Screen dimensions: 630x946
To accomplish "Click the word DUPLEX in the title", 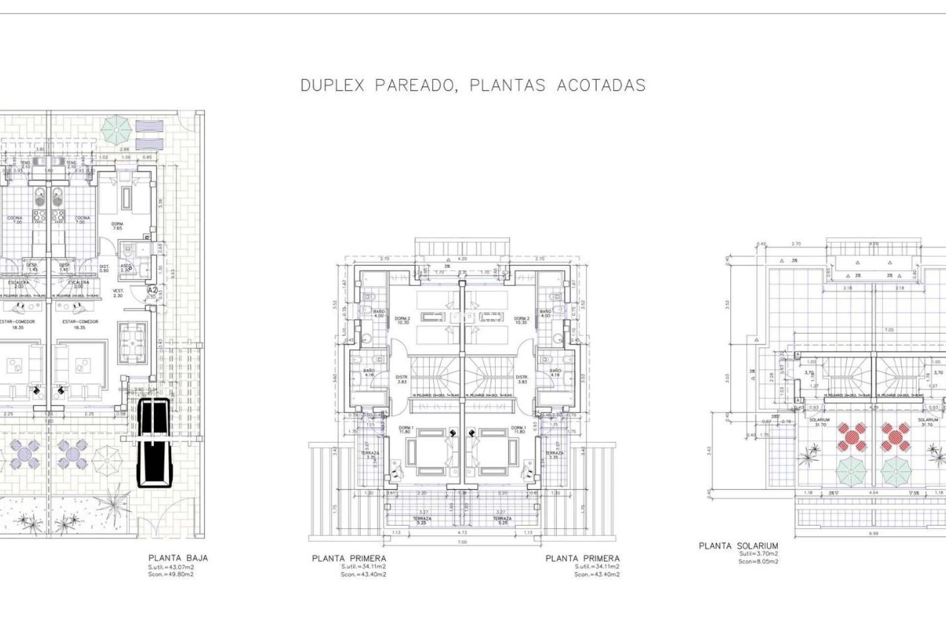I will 332,85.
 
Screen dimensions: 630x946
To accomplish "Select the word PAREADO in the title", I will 414,85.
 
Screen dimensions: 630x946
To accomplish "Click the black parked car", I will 153,442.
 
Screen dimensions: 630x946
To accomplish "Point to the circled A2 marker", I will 152,290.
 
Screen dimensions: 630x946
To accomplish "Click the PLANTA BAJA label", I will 178,558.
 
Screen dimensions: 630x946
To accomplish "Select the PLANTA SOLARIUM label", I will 739,546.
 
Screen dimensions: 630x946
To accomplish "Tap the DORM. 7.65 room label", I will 117,225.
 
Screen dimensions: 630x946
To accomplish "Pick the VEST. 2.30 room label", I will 118,293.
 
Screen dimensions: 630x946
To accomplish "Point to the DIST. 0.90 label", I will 104,268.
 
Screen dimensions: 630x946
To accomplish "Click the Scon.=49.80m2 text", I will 171,574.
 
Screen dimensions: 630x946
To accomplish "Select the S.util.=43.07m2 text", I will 171,567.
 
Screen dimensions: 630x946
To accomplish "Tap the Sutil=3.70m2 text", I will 758,554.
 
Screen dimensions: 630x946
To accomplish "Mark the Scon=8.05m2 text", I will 758,561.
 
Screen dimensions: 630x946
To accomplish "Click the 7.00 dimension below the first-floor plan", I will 462,542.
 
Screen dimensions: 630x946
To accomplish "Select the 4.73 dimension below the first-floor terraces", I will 462,532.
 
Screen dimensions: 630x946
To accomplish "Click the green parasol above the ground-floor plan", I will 117,128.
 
